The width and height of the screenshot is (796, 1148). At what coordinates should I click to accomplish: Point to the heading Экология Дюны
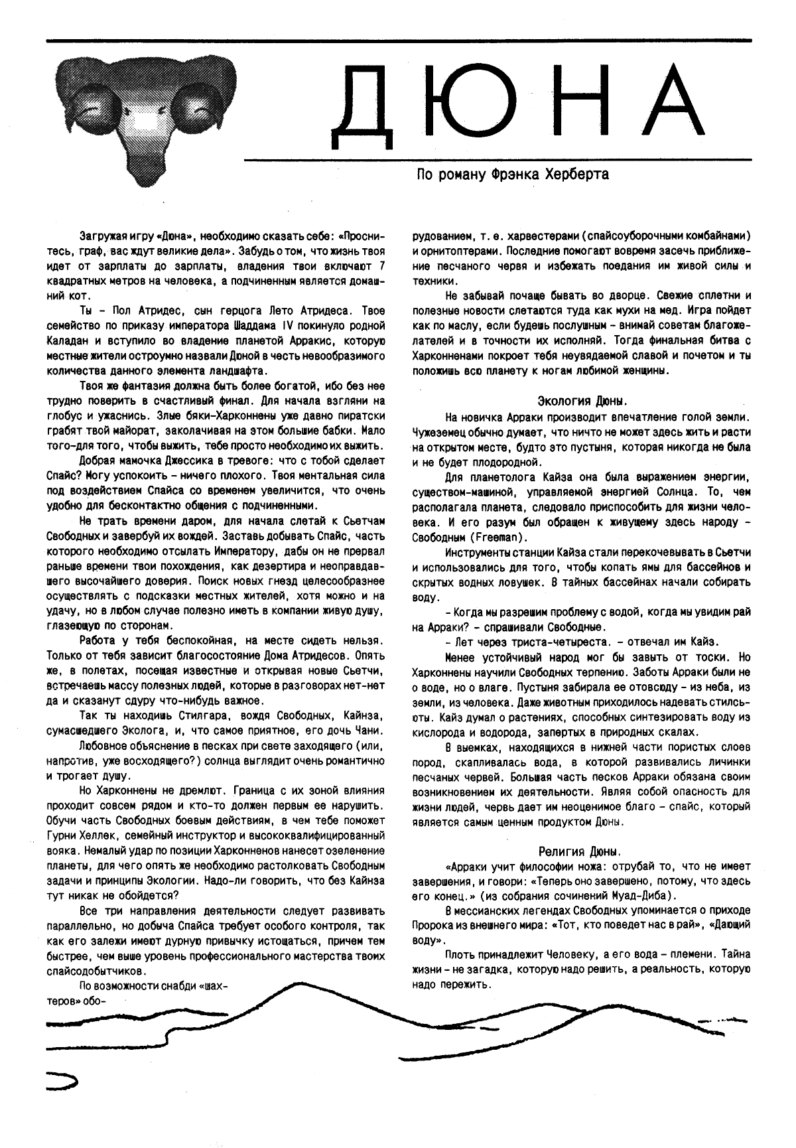tap(581, 401)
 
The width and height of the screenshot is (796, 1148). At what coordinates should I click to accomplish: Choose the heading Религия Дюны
tap(581, 851)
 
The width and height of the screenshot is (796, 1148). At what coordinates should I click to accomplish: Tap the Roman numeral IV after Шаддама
tap(287, 326)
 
